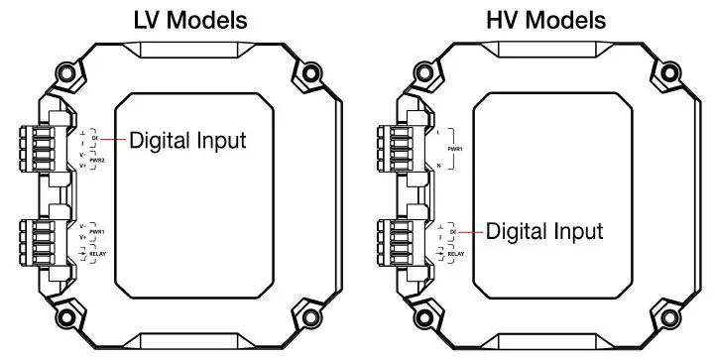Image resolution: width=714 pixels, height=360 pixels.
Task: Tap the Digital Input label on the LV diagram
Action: tap(187, 140)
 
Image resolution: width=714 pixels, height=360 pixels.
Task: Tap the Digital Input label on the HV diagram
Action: tap(544, 231)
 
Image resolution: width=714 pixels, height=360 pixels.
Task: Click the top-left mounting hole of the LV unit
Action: tap(66, 71)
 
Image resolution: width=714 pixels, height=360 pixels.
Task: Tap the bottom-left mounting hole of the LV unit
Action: tap(66, 317)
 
